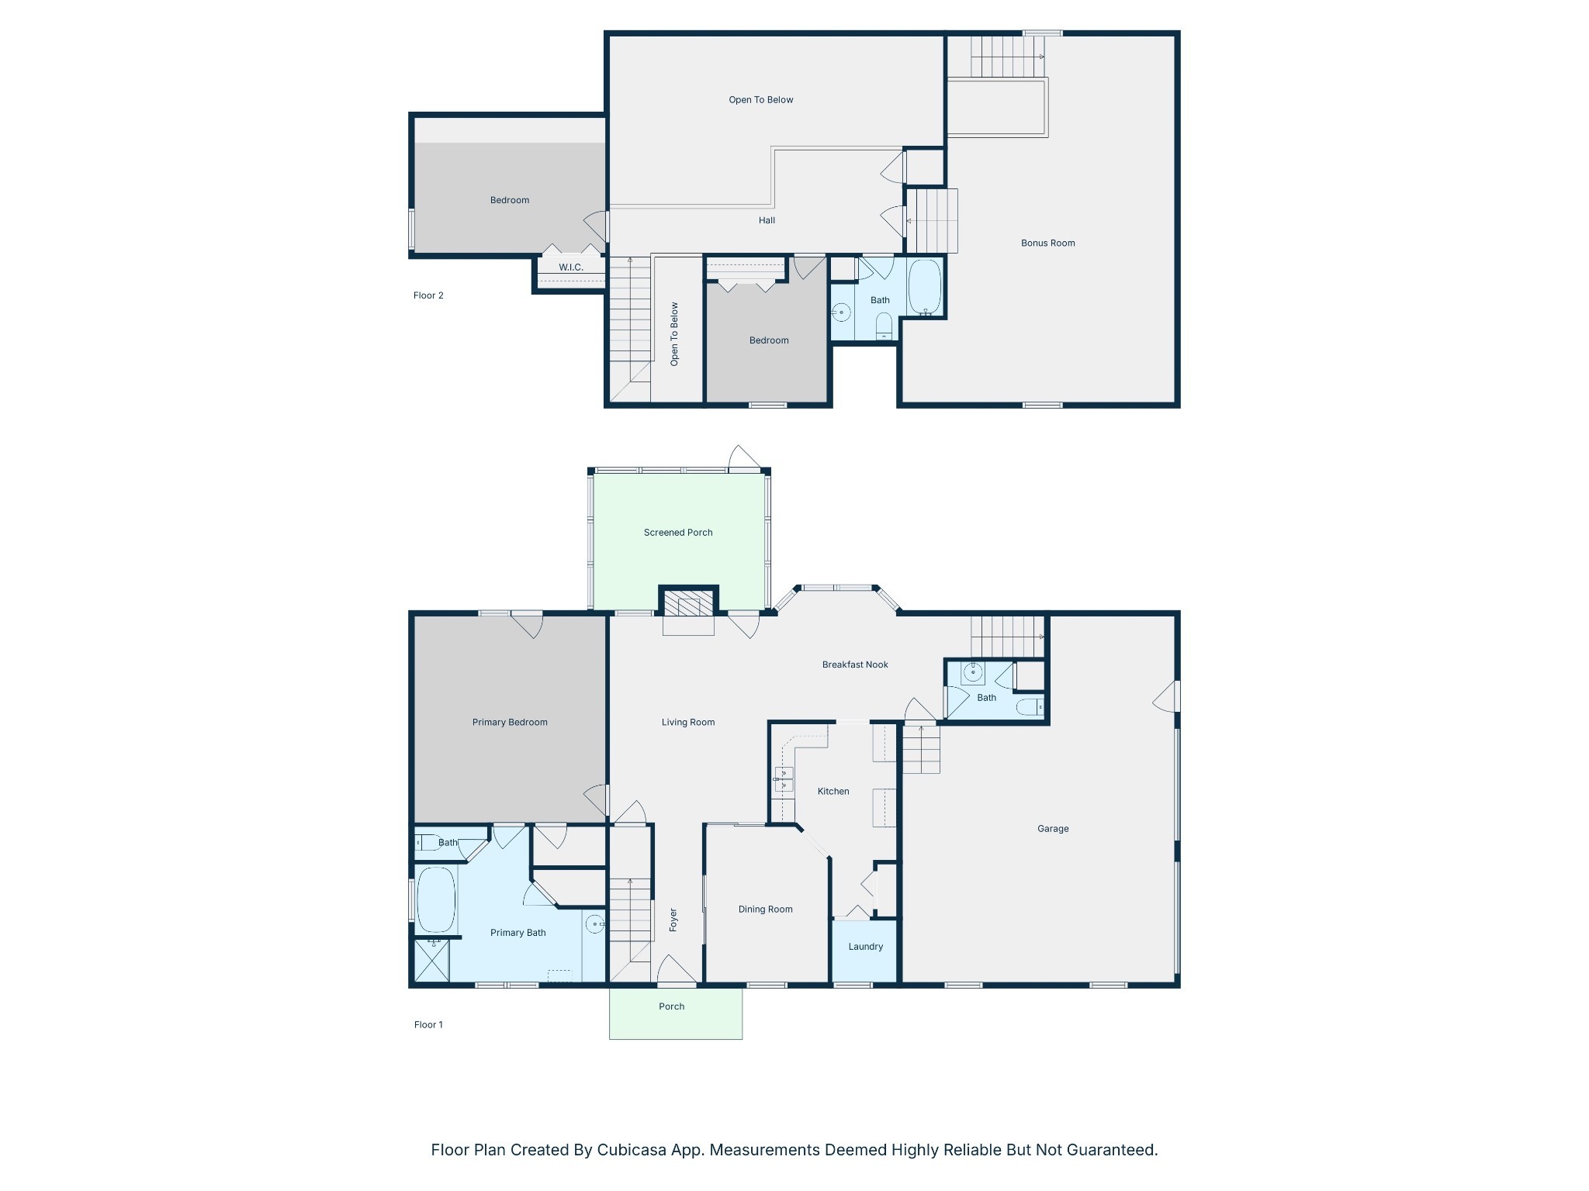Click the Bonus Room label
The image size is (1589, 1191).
(1047, 243)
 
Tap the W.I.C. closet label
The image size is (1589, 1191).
(571, 268)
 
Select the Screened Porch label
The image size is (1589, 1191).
(678, 533)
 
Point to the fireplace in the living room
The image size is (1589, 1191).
(688, 606)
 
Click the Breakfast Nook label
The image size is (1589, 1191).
(855, 665)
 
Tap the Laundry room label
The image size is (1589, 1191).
(865, 947)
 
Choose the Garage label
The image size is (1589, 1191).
(1053, 829)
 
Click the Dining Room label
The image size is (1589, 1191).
(765, 910)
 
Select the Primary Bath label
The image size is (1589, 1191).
(518, 933)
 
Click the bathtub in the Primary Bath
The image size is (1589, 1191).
(436, 899)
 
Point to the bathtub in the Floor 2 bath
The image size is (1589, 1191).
(924, 287)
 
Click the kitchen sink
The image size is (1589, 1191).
(783, 778)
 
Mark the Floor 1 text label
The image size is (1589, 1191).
(428, 1024)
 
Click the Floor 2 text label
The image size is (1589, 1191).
(428, 295)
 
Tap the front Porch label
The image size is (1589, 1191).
(671, 1006)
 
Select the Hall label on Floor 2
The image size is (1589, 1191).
(767, 220)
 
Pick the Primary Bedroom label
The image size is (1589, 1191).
(510, 723)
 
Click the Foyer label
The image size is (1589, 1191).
(673, 920)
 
